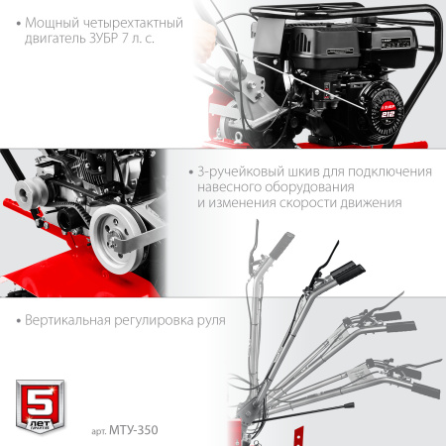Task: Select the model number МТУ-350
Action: tap(137, 429)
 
